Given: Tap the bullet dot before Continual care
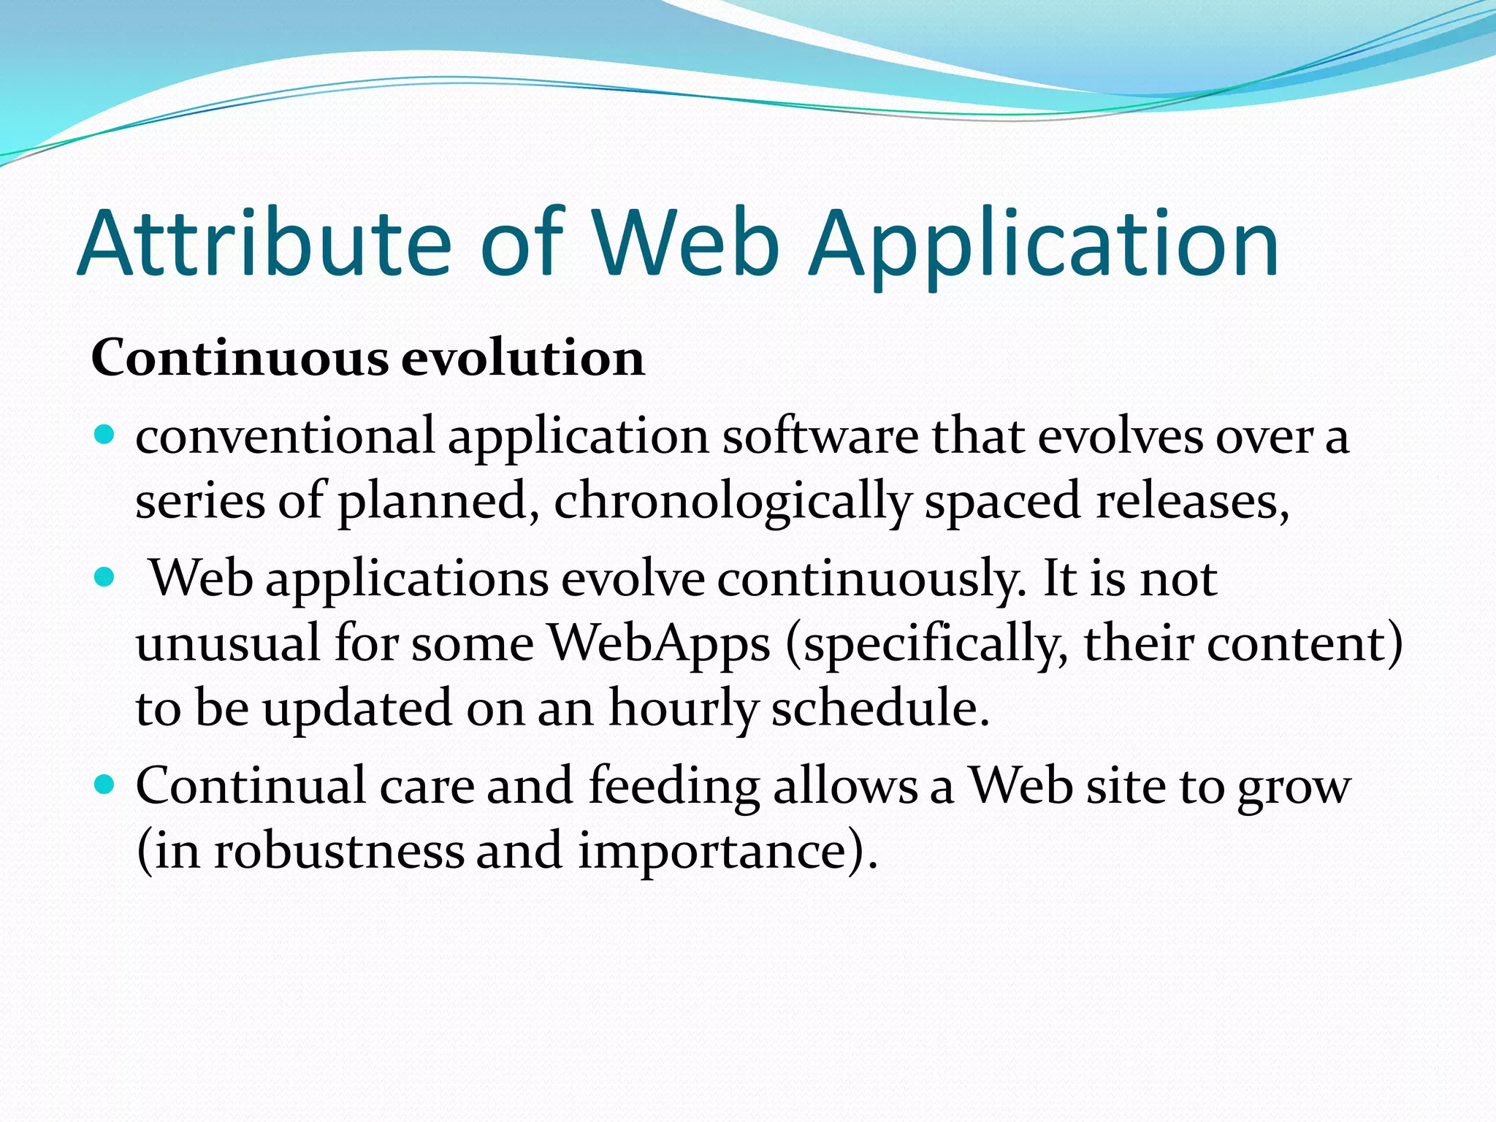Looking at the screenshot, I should pos(105,785).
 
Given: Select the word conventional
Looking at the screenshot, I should pos(285,437).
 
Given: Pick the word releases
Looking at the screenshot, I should pos(1191,501).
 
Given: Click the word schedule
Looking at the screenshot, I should pos(879,709).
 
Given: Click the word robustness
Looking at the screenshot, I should pos(338,852).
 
